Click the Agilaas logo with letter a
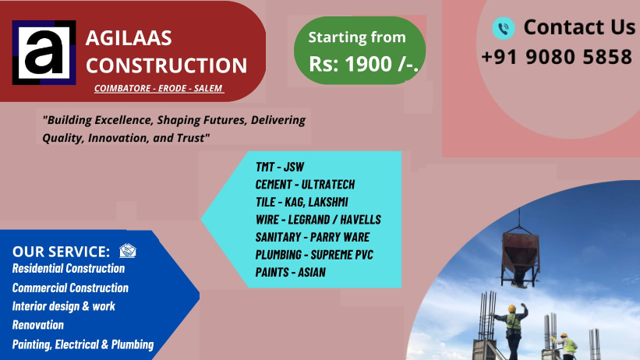(44, 53)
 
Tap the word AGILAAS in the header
(129, 38)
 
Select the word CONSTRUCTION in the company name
(166, 65)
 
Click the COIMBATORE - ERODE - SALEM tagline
(159, 89)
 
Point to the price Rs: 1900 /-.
(364, 65)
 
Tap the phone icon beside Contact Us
(504, 29)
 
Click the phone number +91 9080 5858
(556, 57)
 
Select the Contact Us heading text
(578, 27)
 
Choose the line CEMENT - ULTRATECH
(305, 185)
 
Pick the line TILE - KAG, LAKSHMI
(302, 202)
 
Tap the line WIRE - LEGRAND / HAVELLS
(318, 220)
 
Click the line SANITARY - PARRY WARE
(312, 237)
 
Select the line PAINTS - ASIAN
(290, 272)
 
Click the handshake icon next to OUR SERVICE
(128, 251)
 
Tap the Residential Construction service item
(69, 269)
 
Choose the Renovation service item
(38, 325)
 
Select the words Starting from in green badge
(357, 37)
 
